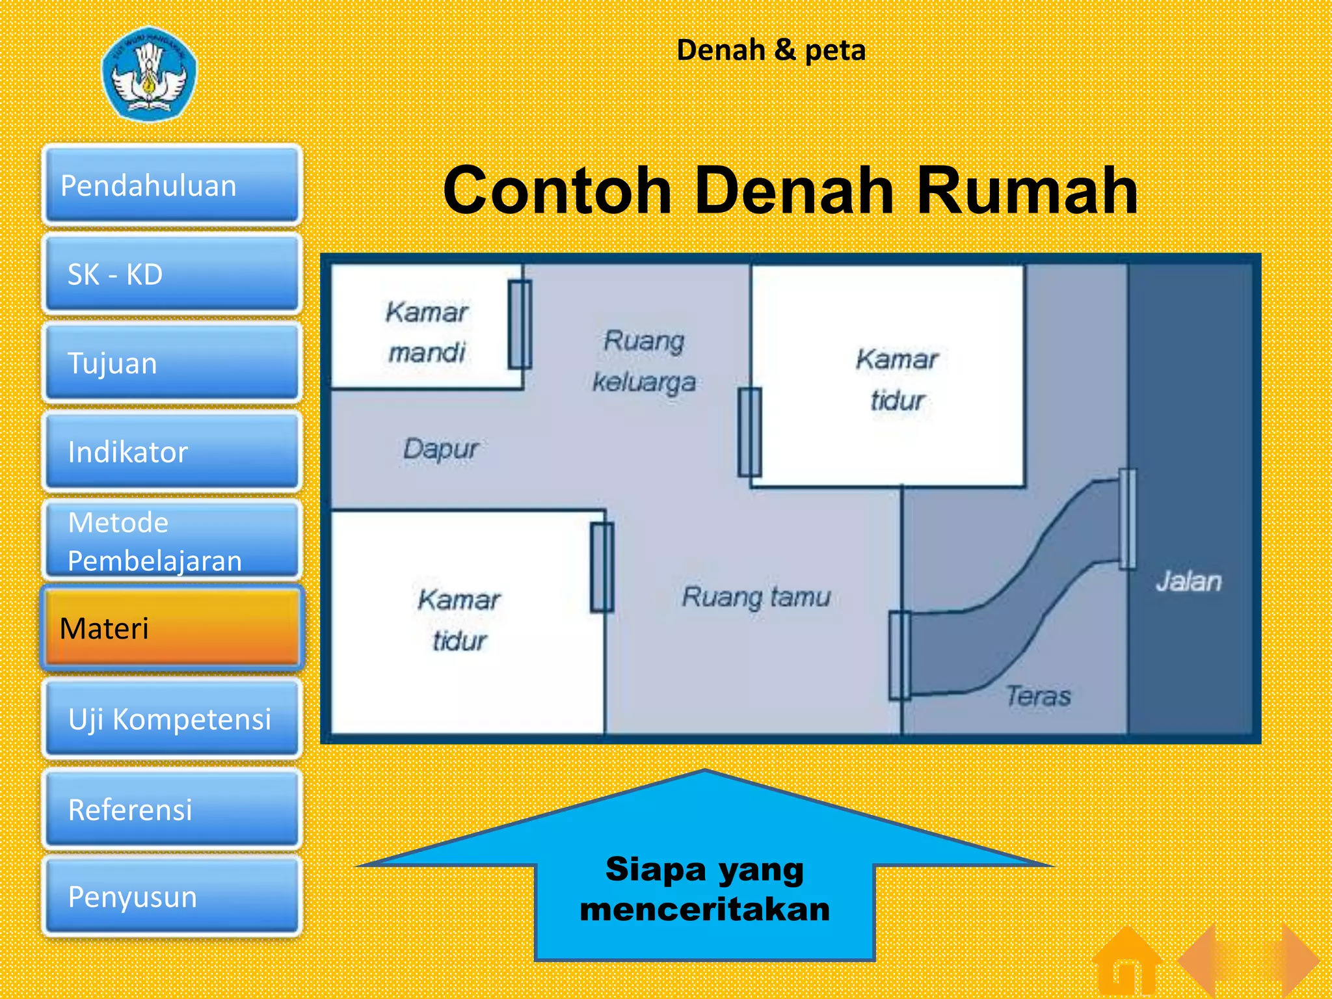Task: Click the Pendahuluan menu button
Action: [172, 185]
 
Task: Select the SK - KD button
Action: [172, 274]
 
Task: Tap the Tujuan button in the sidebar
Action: [172, 362]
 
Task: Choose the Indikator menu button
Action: [172, 451]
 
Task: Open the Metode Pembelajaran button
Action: [172, 540]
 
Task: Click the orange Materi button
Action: [172, 628]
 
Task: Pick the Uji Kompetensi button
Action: [172, 719]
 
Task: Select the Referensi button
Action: [172, 809]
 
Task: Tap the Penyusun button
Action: [172, 896]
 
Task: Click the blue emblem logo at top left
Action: [149, 73]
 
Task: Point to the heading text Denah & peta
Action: [771, 50]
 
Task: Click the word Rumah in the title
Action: [1027, 191]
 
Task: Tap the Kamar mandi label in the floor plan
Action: [427, 332]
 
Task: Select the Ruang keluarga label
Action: [644, 361]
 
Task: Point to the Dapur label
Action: [440, 449]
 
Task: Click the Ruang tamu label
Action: [756, 596]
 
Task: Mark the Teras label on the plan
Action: [1038, 696]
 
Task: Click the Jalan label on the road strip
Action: [1188, 581]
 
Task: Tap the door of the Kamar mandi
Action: [520, 325]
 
